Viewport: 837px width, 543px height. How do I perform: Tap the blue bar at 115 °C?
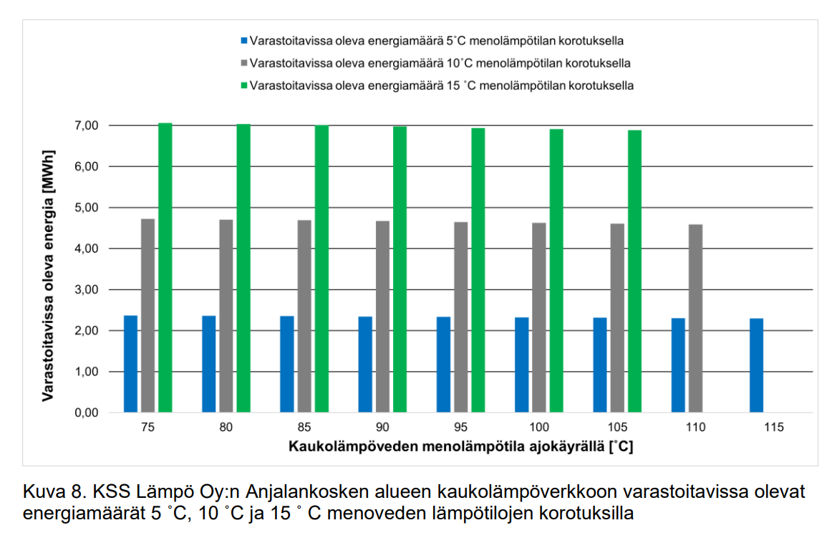pyautogui.click(x=756, y=365)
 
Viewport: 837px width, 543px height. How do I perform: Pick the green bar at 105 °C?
pyautogui.click(x=635, y=271)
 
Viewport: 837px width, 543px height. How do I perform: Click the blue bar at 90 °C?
pyautogui.click(x=365, y=365)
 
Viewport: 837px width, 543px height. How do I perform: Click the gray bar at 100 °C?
pyautogui.click(x=539, y=318)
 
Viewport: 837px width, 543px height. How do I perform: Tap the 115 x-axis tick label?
pyautogui.click(x=774, y=428)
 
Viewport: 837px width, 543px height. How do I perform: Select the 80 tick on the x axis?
pyautogui.click(x=226, y=428)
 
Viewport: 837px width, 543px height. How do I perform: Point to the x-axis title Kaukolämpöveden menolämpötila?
pyautogui.click(x=461, y=446)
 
